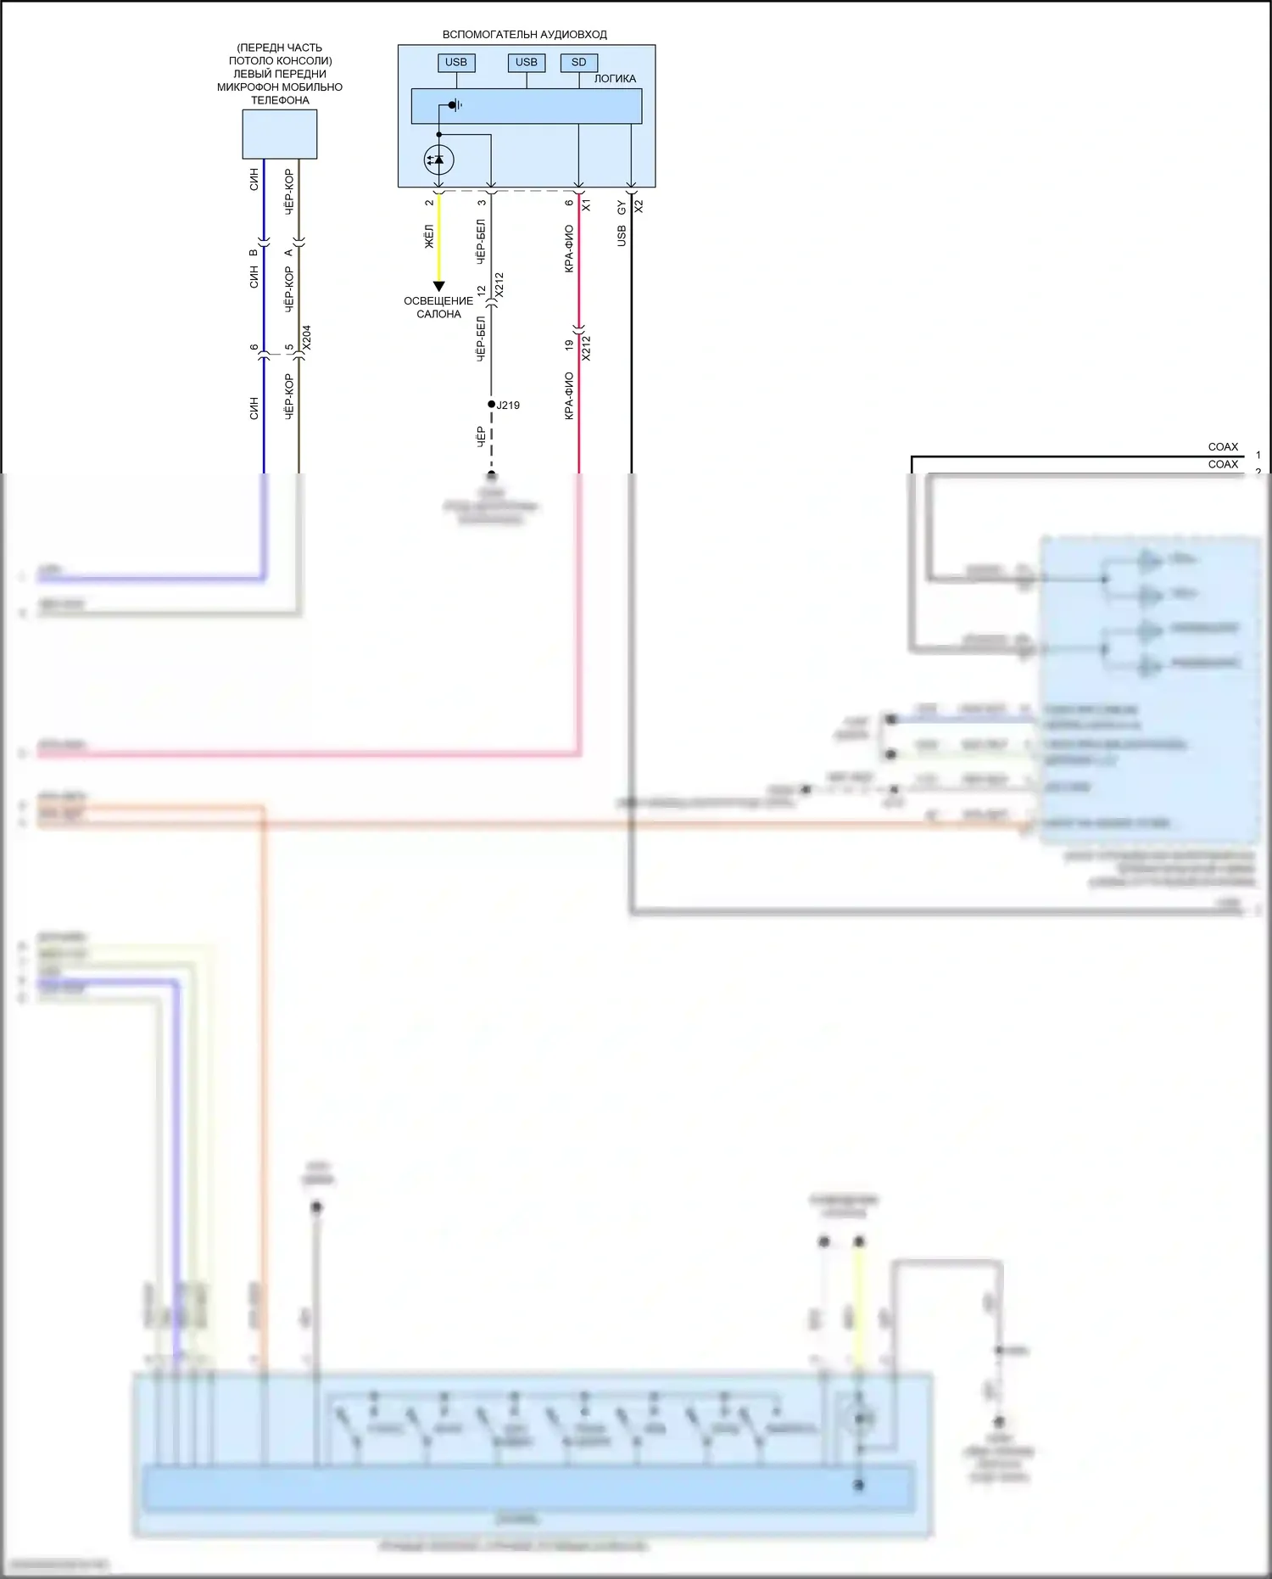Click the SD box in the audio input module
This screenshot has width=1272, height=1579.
click(x=579, y=62)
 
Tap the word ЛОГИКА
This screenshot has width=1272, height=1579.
click(x=615, y=79)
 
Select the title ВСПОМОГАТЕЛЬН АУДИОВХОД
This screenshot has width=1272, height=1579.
click(x=525, y=35)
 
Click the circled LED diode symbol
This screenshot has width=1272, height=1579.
click(x=438, y=160)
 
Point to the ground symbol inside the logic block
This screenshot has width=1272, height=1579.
click(x=455, y=106)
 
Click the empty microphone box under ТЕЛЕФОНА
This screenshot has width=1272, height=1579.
click(x=280, y=134)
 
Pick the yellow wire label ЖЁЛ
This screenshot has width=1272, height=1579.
click(x=429, y=237)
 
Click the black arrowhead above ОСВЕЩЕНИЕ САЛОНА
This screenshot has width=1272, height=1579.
click(x=438, y=287)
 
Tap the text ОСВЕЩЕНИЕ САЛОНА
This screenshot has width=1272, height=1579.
click(x=438, y=307)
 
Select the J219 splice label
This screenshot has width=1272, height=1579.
click(x=508, y=406)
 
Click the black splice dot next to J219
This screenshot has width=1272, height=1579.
click(x=491, y=405)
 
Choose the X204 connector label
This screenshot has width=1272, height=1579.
click(x=307, y=337)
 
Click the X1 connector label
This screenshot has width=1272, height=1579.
click(x=586, y=205)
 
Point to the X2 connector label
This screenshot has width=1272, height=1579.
click(x=639, y=205)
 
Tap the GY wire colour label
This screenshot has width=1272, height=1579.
click(x=622, y=208)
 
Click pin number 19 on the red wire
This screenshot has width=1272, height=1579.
click(x=569, y=345)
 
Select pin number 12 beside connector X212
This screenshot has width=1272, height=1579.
click(x=482, y=290)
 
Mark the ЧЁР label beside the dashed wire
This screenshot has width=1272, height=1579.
click(x=481, y=437)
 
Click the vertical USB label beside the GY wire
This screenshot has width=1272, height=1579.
click(x=622, y=236)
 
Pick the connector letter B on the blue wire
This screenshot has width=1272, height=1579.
click(x=254, y=252)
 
